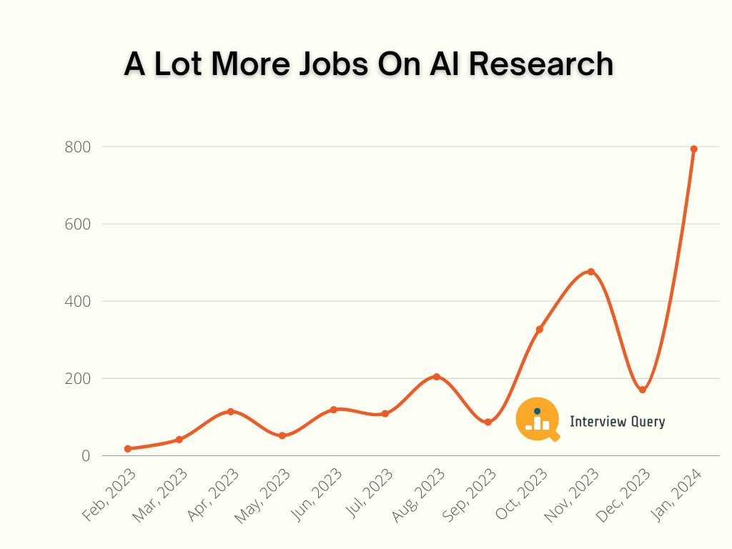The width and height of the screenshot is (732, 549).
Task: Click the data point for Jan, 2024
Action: [693, 149]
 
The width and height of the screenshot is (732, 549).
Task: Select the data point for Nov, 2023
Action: [591, 272]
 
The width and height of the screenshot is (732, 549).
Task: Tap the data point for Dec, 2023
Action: [642, 390]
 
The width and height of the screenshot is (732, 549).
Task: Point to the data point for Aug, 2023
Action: [437, 377]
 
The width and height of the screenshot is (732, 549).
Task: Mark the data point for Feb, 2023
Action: [128, 449]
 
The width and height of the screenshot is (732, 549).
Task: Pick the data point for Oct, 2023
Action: [540, 330]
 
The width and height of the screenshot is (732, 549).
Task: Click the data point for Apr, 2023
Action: [231, 412]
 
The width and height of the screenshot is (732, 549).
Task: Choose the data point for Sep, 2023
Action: [488, 422]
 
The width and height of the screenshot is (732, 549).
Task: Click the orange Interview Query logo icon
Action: [538, 420]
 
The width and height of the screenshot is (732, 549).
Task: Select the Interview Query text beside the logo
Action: [617, 422]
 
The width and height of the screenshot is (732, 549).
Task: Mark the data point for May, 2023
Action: [282, 435]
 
